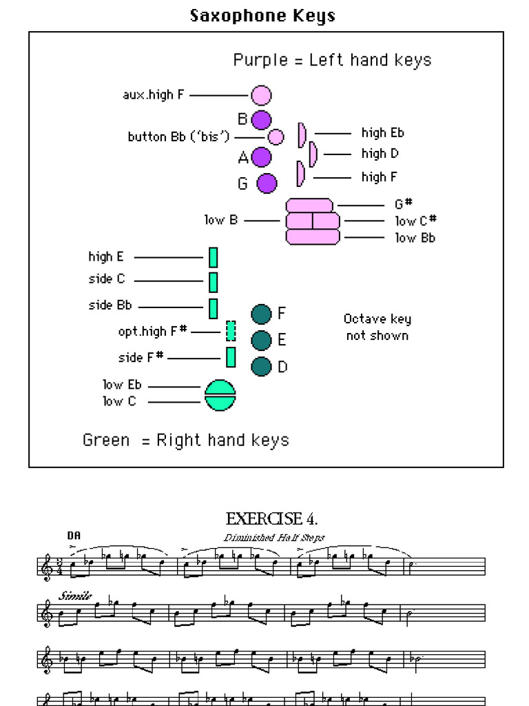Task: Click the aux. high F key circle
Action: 261,95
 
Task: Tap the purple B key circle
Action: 261,119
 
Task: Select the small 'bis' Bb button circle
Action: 276,137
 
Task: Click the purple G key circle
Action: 267,183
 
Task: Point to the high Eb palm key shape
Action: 302,134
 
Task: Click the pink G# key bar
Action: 309,205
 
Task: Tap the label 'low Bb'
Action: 415,238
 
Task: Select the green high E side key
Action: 214,257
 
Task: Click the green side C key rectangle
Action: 214,282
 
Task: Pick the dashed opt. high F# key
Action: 231,331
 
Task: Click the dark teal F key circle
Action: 261,314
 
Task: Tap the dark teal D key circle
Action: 261,367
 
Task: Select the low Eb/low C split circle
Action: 220,395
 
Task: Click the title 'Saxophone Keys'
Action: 262,15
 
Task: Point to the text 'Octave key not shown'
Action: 377,327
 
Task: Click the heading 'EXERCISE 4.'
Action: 271,518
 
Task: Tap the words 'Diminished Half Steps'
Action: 273,538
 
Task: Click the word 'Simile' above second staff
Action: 76,596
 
